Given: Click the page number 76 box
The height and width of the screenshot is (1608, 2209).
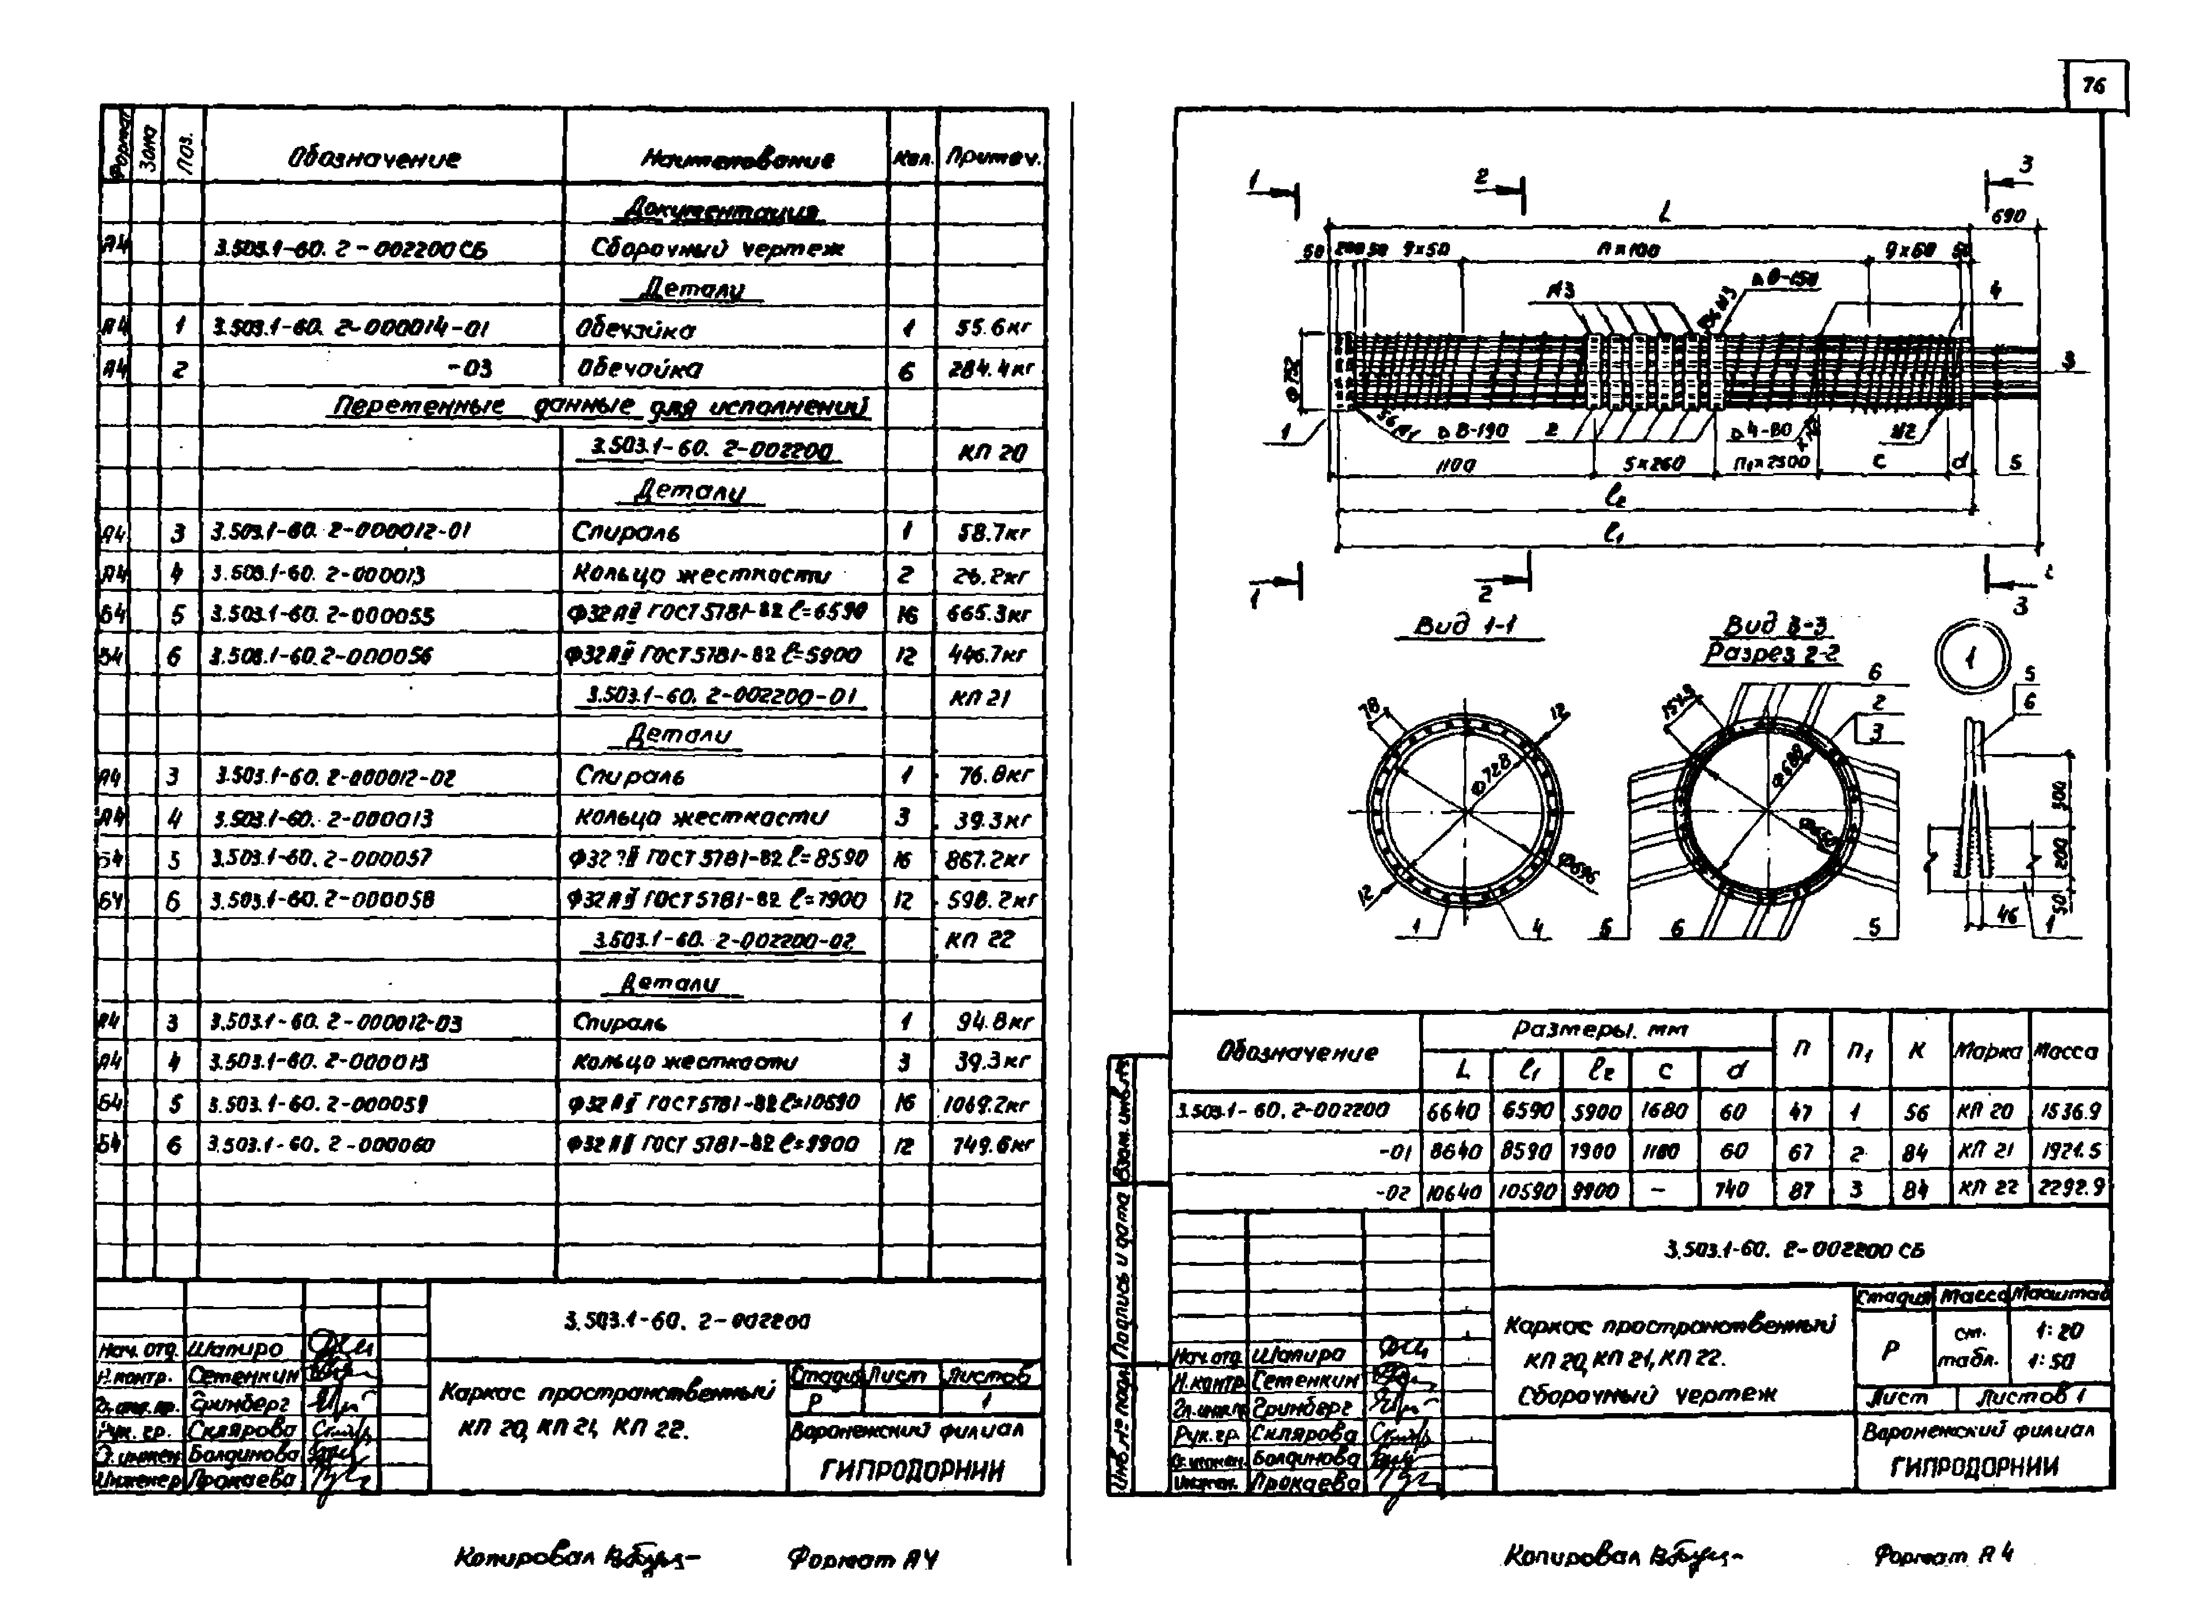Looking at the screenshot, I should coord(2094,87).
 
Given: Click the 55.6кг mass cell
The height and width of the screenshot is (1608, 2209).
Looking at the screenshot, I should coord(992,328).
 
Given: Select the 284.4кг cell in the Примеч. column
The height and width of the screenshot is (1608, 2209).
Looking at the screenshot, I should coord(992,369).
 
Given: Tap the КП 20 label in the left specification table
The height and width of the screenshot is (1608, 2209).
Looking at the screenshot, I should coord(992,453).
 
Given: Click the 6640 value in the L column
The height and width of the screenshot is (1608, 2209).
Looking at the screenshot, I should coord(1455,1111).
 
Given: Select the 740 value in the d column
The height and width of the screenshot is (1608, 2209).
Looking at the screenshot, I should coord(1733,1189).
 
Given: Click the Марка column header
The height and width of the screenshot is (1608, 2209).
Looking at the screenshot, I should coord(1989,1052).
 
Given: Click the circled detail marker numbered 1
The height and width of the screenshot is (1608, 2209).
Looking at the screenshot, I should coord(1970,659).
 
